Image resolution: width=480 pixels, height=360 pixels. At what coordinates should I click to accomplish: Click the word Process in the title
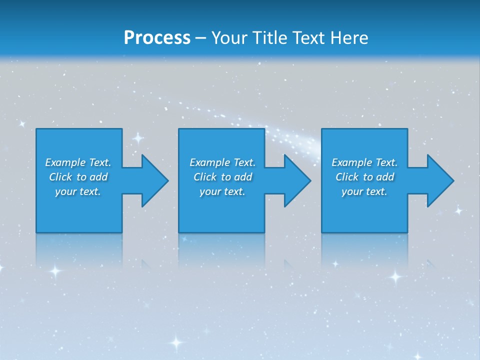coord(157,38)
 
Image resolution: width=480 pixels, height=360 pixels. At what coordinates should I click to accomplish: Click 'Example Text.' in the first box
coord(78,162)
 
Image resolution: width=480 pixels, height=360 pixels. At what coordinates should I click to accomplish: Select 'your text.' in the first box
coord(78,191)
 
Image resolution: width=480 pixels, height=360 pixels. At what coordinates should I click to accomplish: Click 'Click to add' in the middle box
coord(222,177)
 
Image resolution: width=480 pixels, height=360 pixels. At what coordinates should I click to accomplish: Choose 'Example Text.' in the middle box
coord(222,162)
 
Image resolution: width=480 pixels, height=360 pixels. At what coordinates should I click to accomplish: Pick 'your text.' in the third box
coord(364,191)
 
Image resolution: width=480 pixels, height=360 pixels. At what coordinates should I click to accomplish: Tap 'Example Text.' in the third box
coord(364,162)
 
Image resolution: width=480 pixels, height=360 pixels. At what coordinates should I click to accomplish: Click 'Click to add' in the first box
coord(78,177)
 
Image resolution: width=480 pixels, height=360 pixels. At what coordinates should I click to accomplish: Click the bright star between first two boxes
coord(138,137)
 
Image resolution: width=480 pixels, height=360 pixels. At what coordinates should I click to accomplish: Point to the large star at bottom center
coord(176,342)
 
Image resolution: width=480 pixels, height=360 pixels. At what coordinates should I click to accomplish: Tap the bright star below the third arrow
coord(396,276)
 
